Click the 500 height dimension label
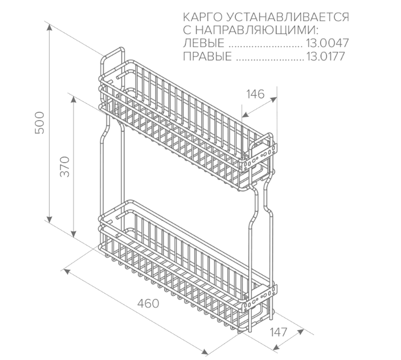point(41,123)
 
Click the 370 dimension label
point(66,166)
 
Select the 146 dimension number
point(255,94)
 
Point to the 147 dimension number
point(278,332)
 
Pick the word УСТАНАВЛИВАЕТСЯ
point(288,18)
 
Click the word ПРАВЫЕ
point(207,56)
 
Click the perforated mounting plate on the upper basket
point(260,157)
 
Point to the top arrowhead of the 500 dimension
point(49,26)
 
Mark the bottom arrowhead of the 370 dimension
point(74,234)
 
